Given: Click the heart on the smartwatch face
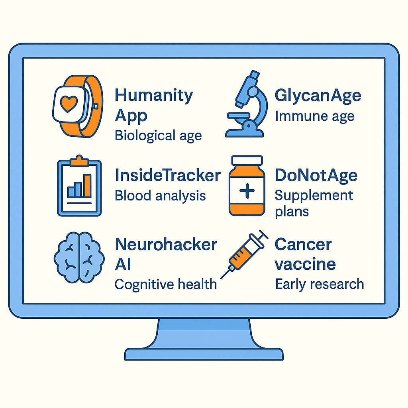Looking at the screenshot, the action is [x=69, y=104].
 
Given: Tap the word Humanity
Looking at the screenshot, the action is [x=154, y=96].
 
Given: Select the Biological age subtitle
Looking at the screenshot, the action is [x=158, y=136].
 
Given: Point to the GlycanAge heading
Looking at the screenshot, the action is [x=318, y=96].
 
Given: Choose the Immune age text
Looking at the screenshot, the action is [x=315, y=116].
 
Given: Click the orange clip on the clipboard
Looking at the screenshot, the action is [x=79, y=161].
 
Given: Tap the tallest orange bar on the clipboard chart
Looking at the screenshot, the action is [x=87, y=186].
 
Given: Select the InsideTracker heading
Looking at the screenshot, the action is [x=168, y=175].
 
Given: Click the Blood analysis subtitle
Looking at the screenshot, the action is [x=160, y=196].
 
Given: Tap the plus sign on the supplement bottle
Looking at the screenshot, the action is [x=247, y=191].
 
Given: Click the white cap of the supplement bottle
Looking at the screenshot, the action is [x=247, y=161].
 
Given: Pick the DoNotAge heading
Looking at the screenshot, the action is [x=316, y=176].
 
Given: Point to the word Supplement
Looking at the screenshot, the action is [x=314, y=196].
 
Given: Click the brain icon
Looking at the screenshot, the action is [x=79, y=258].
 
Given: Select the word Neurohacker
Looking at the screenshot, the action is [x=166, y=245].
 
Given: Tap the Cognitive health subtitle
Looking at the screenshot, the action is [x=166, y=284].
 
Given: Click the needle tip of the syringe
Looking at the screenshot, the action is [x=222, y=278].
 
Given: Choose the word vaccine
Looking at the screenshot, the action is [x=305, y=265].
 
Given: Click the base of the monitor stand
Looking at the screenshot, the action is [x=204, y=354].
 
